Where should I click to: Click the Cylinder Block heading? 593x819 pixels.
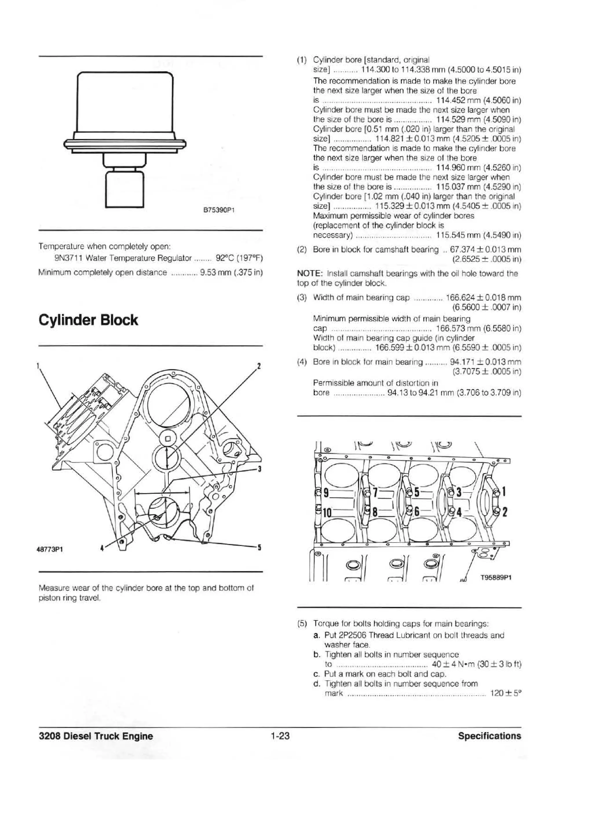pos(88,320)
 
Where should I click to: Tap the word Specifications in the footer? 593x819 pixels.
pos(489,736)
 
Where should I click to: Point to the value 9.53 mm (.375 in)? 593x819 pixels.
pos(231,272)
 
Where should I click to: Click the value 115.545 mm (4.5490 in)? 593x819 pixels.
pos(478,235)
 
